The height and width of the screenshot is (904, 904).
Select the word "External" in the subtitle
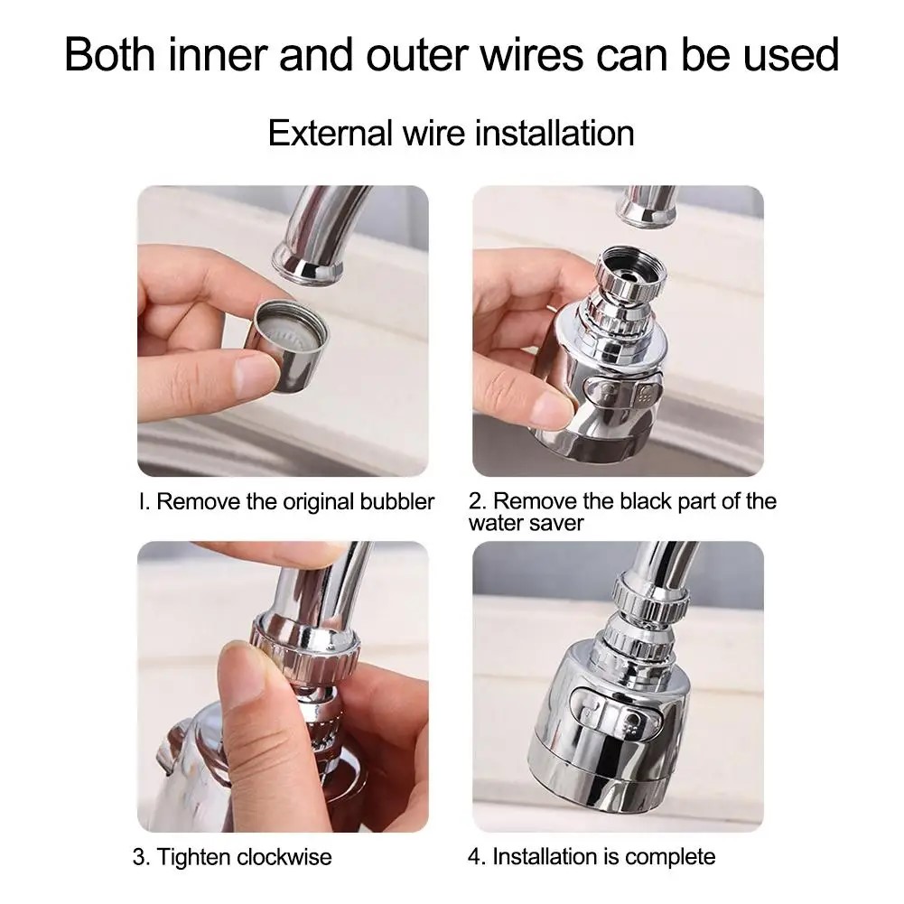pos(328,134)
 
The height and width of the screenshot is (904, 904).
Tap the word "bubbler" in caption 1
pos(393,502)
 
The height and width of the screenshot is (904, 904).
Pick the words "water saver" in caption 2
pos(526,523)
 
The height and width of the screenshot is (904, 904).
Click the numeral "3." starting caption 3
pos(142,856)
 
